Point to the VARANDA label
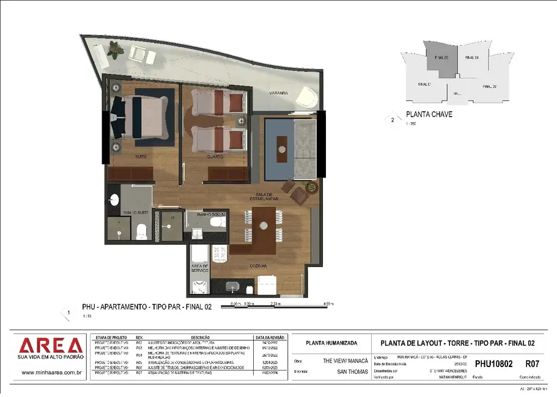(x=279, y=93)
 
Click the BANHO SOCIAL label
(x=211, y=215)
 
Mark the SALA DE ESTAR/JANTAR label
(x=268, y=197)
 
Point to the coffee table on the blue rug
(x=281, y=147)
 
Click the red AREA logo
(x=50, y=346)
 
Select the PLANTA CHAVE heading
(x=429, y=114)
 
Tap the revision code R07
(x=532, y=364)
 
